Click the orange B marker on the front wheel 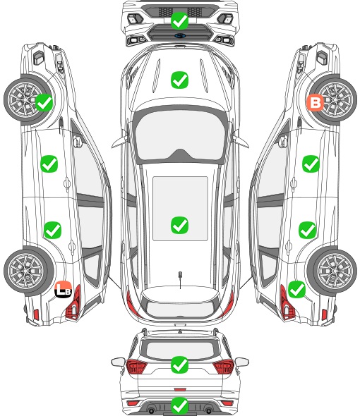pos(315,102)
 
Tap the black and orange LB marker pos(64,289)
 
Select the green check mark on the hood pos(179,80)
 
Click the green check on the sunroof pos(179,225)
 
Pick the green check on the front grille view pos(179,20)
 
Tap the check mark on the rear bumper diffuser pos(179,405)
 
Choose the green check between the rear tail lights pos(179,365)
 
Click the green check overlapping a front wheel pos(44,103)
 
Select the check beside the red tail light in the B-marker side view pos(296,290)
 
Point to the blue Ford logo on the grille pos(180,35)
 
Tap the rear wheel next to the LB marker pos(27,271)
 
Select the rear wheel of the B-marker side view pos(333,271)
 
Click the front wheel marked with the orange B pos(333,99)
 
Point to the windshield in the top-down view pos(180,135)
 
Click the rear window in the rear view pos(180,350)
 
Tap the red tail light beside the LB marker pos(73,302)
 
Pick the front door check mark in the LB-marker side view pos(49,164)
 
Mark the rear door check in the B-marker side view pos(307,230)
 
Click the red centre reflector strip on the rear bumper pos(180,389)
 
